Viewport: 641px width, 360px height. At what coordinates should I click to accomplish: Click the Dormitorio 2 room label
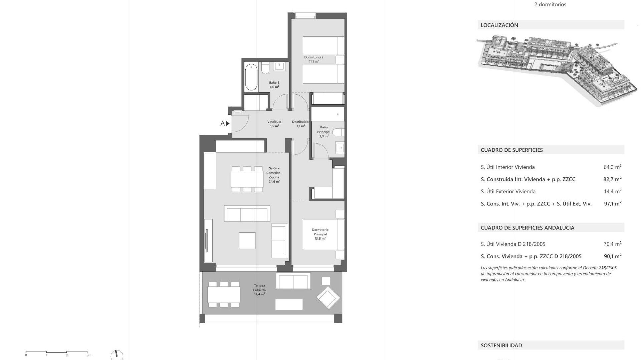pyautogui.click(x=313, y=59)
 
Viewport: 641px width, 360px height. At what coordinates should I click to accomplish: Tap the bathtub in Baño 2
pyautogui.click(x=251, y=77)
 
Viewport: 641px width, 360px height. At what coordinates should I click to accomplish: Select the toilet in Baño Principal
pyautogui.click(x=338, y=133)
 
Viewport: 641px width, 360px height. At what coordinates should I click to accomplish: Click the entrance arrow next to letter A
pyautogui.click(x=228, y=123)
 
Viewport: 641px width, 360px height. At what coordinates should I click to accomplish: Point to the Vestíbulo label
pyautogui.click(x=274, y=124)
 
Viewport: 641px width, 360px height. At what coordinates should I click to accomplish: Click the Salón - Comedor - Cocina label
pyautogui.click(x=274, y=175)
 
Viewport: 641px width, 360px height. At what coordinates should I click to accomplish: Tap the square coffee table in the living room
pyautogui.click(x=247, y=240)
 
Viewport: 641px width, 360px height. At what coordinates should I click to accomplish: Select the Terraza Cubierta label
pyautogui.click(x=259, y=290)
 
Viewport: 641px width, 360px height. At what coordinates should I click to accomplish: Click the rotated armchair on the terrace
pyautogui.click(x=328, y=297)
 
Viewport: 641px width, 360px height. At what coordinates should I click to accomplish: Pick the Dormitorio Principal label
pyautogui.click(x=320, y=234)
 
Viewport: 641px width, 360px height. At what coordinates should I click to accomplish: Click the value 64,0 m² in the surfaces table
pyautogui.click(x=612, y=167)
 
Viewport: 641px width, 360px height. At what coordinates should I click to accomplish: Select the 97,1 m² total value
pyautogui.click(x=613, y=204)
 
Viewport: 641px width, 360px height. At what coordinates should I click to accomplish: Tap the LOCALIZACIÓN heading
pyautogui.click(x=499, y=25)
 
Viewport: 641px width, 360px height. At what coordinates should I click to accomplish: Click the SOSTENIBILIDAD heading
pyautogui.click(x=501, y=345)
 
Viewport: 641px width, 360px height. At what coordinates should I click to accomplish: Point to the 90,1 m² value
pyautogui.click(x=613, y=256)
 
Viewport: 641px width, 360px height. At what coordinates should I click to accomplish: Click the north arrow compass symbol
pyautogui.click(x=117, y=355)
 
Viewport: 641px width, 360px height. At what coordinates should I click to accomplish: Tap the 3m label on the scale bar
pyautogui.click(x=89, y=355)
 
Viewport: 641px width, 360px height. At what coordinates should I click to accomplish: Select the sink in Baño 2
pyautogui.click(x=279, y=66)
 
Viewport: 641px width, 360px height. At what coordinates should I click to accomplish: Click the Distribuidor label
pyautogui.click(x=301, y=124)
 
